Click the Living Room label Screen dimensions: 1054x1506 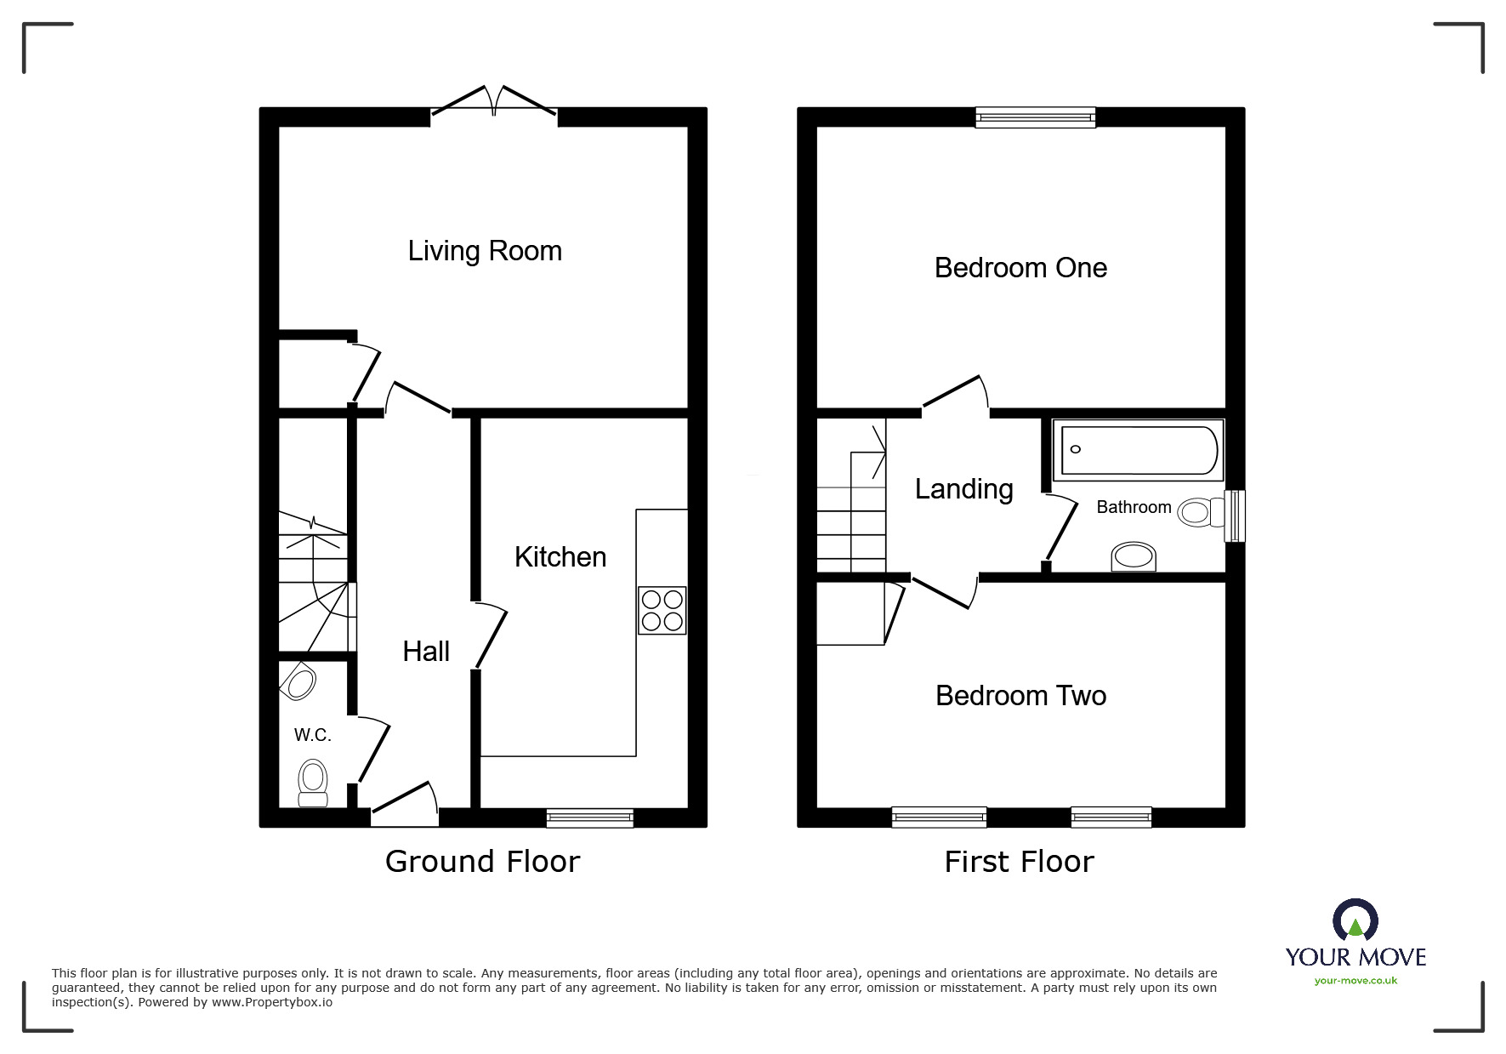tap(485, 251)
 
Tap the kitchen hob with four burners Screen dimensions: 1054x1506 tap(662, 610)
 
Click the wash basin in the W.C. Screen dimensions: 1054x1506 tap(299, 681)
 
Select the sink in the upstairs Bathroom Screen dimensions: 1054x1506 tap(1134, 558)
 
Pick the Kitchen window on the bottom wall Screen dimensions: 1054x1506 tap(589, 818)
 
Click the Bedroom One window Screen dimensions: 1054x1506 tap(1035, 117)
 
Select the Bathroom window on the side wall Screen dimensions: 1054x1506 tap(1234, 516)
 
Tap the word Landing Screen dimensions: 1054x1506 tap(963, 489)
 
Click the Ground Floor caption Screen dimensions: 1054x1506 tap(482, 862)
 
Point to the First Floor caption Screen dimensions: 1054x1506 tap(1019, 862)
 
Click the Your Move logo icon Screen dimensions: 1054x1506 tap(1355, 921)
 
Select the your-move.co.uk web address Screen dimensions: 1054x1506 tap(1355, 981)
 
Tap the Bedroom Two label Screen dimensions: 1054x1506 tap(1020, 696)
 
